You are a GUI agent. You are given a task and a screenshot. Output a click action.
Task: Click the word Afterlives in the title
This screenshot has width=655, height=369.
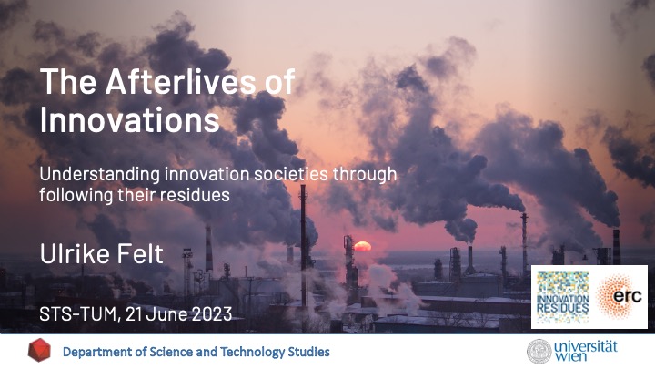pos(181,81)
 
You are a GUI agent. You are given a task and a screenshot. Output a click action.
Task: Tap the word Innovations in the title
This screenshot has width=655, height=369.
pos(129,120)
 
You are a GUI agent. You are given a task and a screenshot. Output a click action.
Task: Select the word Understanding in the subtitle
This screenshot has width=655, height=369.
pos(99,175)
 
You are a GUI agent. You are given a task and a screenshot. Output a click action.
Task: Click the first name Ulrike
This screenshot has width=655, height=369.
pos(76,253)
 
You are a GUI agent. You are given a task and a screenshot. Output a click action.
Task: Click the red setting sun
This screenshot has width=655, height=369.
pos(363,246)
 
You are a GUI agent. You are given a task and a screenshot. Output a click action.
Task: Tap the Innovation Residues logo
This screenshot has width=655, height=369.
pos(562,297)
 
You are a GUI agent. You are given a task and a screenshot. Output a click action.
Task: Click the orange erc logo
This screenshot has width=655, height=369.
pos(620,296)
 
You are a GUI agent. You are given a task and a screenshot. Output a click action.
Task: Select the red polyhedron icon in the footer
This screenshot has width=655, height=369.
pos(39,350)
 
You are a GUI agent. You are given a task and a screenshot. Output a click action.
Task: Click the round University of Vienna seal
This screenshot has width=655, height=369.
pos(539,352)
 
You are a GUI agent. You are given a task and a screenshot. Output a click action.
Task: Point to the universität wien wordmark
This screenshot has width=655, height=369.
pos(586,352)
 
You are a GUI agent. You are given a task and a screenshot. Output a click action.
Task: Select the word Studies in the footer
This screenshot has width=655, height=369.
pos(308,352)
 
